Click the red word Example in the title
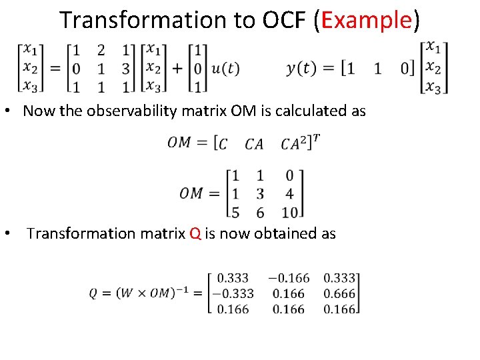(x=366, y=21)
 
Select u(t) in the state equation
(x=225, y=68)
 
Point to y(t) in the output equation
(x=302, y=68)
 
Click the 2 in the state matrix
(x=101, y=50)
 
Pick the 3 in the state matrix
(x=125, y=68)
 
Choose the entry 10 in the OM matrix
(x=289, y=213)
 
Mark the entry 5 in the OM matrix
(x=234, y=213)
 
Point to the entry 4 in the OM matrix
(x=289, y=194)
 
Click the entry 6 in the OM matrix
(x=260, y=213)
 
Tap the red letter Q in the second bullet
(x=195, y=233)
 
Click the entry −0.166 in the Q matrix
(x=289, y=277)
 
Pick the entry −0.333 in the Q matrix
(x=231, y=293)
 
